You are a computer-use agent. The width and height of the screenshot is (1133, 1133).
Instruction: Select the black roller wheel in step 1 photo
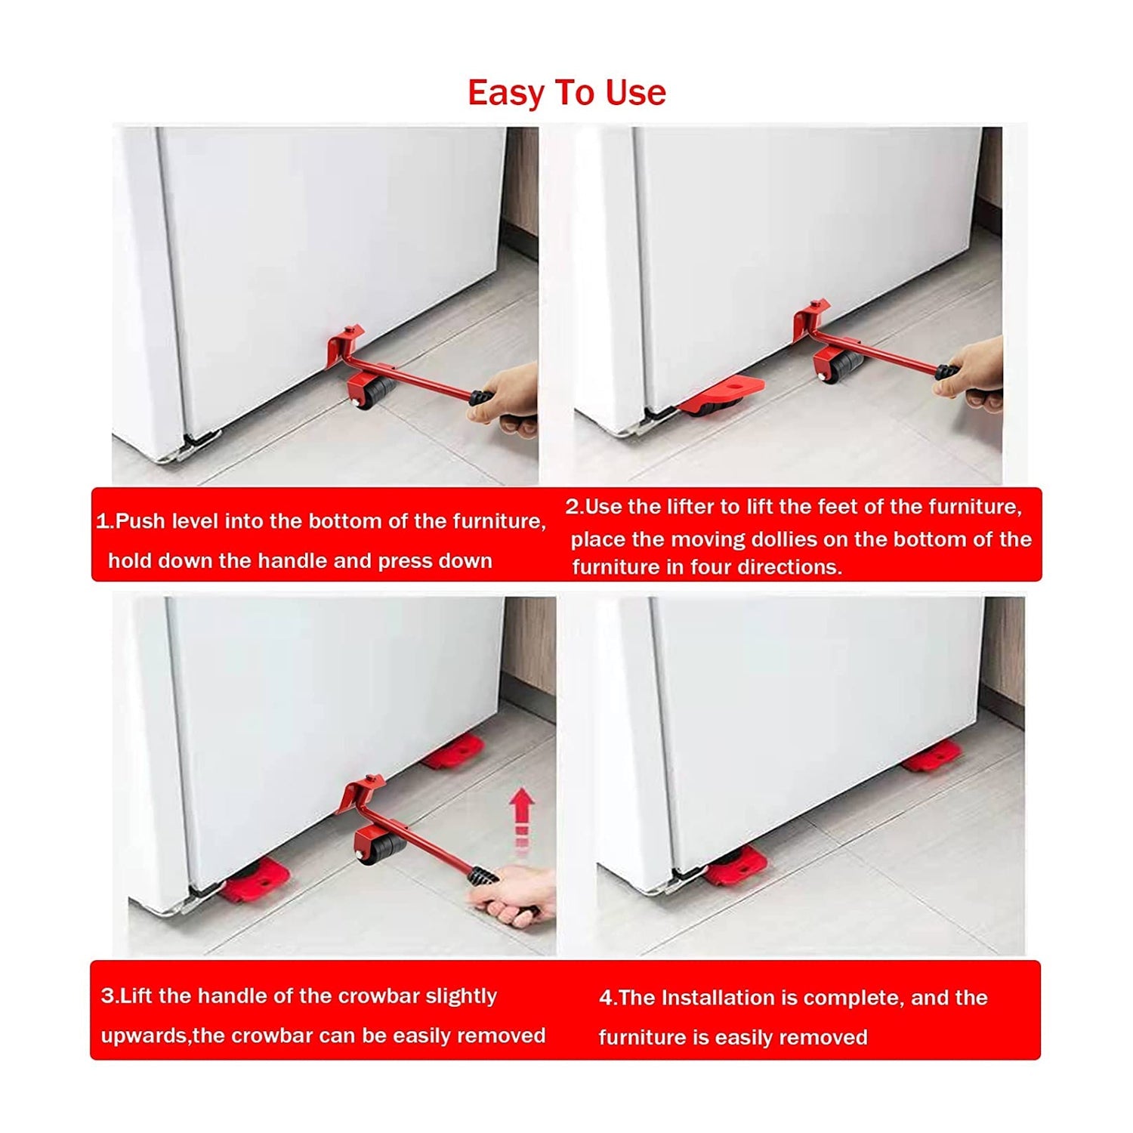click(x=375, y=392)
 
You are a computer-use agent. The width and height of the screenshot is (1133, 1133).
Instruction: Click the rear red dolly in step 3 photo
click(x=454, y=752)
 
